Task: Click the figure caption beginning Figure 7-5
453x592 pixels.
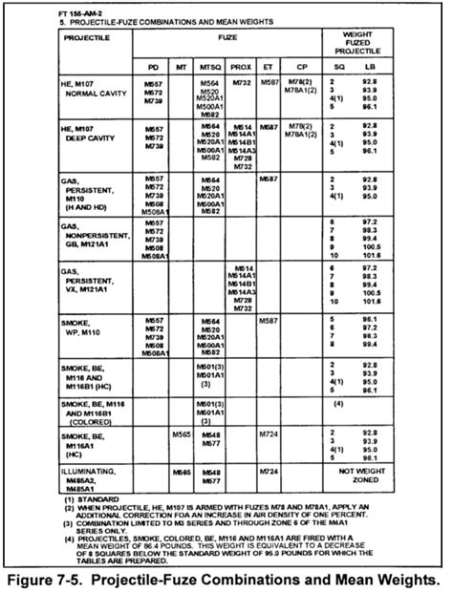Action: click(x=226, y=579)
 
